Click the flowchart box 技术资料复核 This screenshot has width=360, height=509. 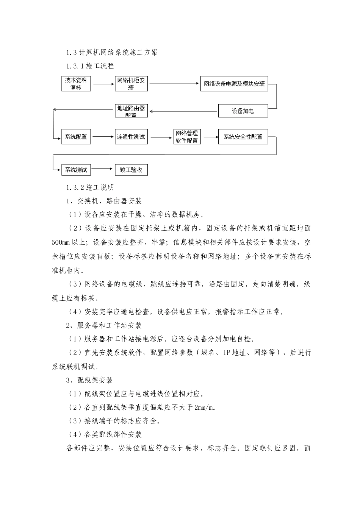pyautogui.click(x=76, y=84)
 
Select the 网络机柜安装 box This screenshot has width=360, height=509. pyautogui.click(x=131, y=84)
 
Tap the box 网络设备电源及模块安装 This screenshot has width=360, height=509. pyautogui.click(x=234, y=84)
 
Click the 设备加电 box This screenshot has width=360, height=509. pyautogui.click(x=243, y=111)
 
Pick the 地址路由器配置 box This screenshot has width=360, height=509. pyautogui.click(x=131, y=111)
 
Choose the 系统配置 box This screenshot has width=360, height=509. pyautogui.click(x=76, y=137)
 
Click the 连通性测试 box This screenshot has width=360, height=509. pyautogui.click(x=131, y=137)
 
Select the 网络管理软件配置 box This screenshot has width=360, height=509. pyautogui.click(x=187, y=137)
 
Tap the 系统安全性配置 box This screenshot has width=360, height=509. pyautogui.click(x=243, y=137)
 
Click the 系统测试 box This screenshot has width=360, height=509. pyautogui.click(x=76, y=170)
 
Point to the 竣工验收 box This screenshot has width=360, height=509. pyautogui.click(x=131, y=170)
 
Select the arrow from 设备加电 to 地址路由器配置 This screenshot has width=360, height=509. pyautogui.click(x=184, y=111)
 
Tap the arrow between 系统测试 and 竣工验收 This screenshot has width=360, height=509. pyautogui.click(x=103, y=169)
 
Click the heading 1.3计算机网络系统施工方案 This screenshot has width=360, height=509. pyautogui.click(x=112, y=53)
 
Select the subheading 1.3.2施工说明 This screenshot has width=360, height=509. pyautogui.click(x=90, y=187)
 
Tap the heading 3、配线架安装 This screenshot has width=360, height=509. pyautogui.click(x=89, y=380)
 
